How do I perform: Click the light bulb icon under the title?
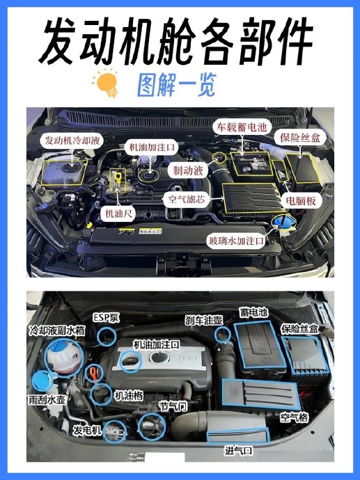[106, 83]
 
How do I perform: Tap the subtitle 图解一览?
[176, 85]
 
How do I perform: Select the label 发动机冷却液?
[72, 141]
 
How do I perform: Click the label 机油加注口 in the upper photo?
[151, 147]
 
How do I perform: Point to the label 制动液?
[188, 170]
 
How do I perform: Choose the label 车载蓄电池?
[242, 127]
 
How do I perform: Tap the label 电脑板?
[301, 201]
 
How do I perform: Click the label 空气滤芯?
[187, 199]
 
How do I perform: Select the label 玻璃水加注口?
[236, 241]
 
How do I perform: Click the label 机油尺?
[118, 214]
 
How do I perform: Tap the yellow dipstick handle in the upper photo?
[118, 177]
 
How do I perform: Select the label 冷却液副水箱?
[57, 330]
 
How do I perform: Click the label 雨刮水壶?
[47, 400]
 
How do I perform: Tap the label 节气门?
[173, 406]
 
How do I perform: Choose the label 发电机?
[87, 431]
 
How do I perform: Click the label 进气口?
[238, 450]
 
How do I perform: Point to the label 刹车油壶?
[204, 320]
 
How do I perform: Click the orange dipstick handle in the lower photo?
[93, 374]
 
